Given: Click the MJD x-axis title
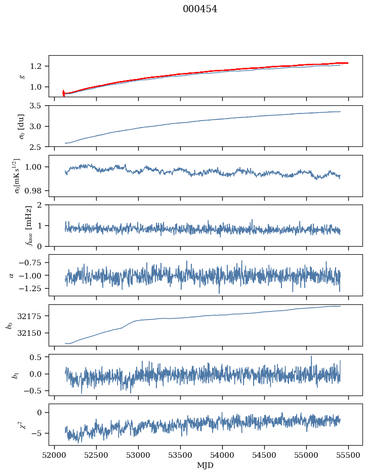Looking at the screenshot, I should [x=206, y=465].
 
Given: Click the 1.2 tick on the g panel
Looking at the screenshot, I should [x=38, y=66].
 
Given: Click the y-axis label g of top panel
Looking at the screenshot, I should [x=22, y=76].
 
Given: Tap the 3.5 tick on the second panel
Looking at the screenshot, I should [x=38, y=106].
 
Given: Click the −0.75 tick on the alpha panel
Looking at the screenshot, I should [x=33, y=262].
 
